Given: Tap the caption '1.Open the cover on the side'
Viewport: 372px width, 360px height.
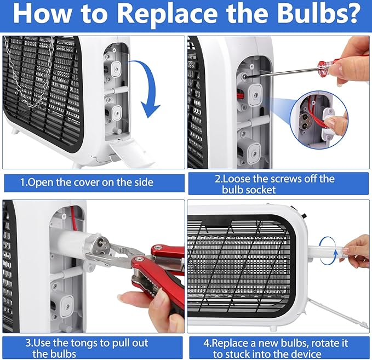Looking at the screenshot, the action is click(x=87, y=182).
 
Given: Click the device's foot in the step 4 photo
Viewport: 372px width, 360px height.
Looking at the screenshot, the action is click(x=273, y=328).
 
